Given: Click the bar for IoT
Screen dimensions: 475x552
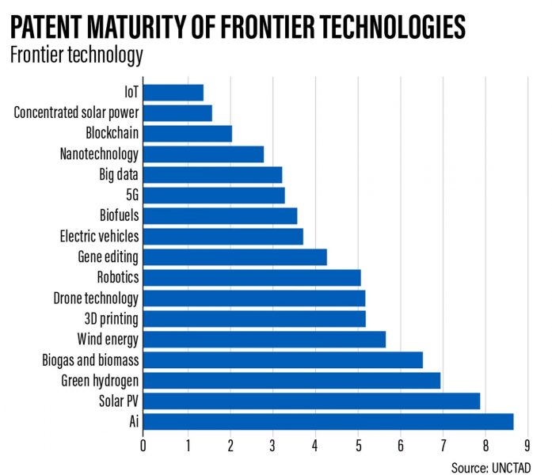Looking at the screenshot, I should pyautogui.click(x=173, y=93).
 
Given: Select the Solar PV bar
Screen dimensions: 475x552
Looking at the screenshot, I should pyautogui.click(x=311, y=401).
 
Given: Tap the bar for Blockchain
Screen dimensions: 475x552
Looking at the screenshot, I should pyautogui.click(x=187, y=134).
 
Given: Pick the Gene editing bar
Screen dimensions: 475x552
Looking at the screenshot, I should pyautogui.click(x=234, y=257).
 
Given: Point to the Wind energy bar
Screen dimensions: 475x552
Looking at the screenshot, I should pyautogui.click(x=264, y=340).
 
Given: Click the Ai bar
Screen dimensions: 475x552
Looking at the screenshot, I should pyautogui.click(x=328, y=422).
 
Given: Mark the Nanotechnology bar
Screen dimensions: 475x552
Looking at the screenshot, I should pyautogui.click(x=203, y=154).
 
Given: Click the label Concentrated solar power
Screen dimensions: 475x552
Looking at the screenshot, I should pyautogui.click(x=76, y=113).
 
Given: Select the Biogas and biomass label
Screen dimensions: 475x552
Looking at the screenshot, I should pyautogui.click(x=90, y=360).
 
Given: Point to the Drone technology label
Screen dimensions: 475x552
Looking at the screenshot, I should pyautogui.click(x=96, y=298).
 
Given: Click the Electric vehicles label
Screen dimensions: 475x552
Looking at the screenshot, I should pyautogui.click(x=99, y=237).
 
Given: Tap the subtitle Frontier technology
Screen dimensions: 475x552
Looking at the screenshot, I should pyautogui.click(x=76, y=55).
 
